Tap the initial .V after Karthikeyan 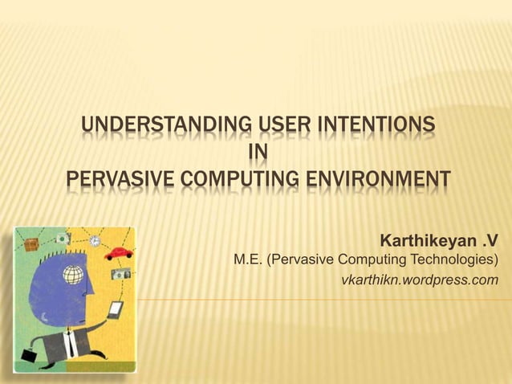(x=488, y=241)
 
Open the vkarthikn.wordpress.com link (x=419, y=280)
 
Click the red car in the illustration (x=118, y=252)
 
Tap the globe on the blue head (x=73, y=274)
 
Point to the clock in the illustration (x=95, y=240)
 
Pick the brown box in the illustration (x=32, y=243)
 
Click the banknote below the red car (x=120, y=274)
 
